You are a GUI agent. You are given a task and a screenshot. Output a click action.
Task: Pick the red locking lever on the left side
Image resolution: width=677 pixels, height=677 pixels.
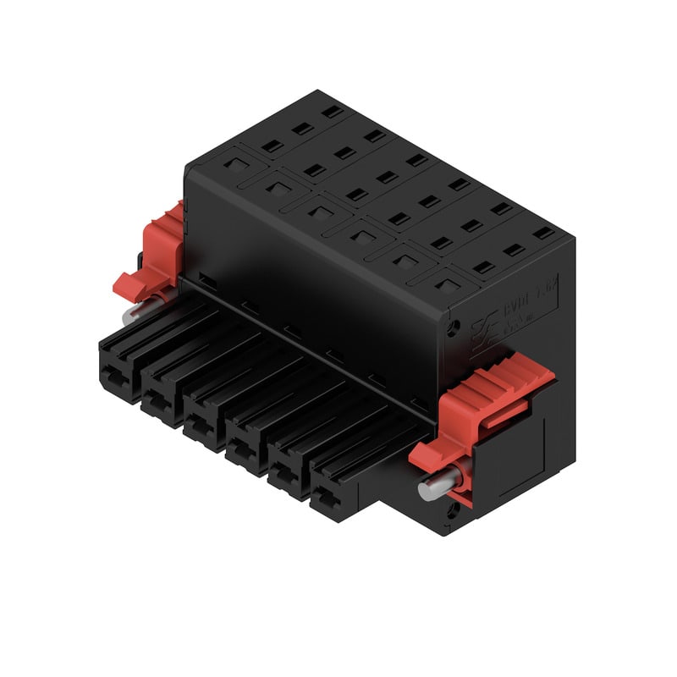[x=152, y=254]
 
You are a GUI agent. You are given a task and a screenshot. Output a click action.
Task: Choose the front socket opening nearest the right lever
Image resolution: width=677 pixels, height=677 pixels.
[x=332, y=499]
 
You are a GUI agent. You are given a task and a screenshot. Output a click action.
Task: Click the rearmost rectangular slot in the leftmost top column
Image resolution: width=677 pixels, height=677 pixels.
[x=333, y=110]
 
